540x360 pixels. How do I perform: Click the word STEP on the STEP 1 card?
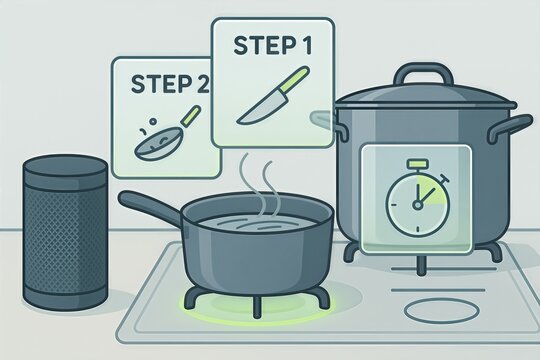[262, 45]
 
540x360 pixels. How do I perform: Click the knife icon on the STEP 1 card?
[273, 95]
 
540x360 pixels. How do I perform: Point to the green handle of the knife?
[295, 78]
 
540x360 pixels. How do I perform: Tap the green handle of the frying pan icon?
[192, 115]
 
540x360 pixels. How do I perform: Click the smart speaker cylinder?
[65, 232]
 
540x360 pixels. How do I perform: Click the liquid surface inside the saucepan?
[257, 225]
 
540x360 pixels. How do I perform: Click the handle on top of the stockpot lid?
[423, 73]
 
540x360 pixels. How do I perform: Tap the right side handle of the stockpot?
[510, 128]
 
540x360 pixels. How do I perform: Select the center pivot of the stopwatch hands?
[417, 205]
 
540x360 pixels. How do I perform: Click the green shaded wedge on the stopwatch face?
[432, 190]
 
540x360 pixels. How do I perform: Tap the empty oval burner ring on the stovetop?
[442, 310]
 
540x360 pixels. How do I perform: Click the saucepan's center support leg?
[257, 308]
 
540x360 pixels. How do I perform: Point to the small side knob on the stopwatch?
[445, 179]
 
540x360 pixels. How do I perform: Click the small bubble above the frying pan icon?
[153, 121]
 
